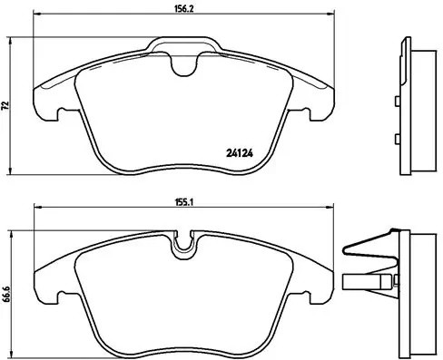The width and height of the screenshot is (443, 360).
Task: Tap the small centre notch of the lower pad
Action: pyautogui.click(x=188, y=243)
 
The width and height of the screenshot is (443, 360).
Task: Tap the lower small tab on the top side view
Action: pyautogui.click(x=397, y=139)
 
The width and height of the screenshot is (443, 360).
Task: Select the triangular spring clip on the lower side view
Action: pyautogui.click(x=368, y=247)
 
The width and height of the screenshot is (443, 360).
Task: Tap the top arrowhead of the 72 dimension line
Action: pyautogui.click(x=11, y=41)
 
